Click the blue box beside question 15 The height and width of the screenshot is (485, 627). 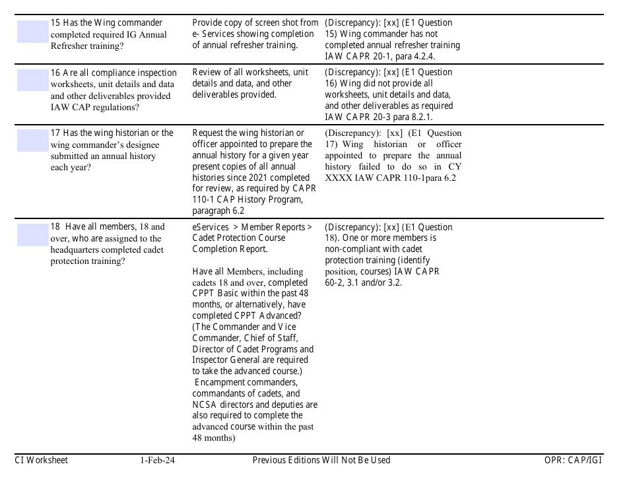[x=33, y=32]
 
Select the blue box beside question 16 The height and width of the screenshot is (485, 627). [x=33, y=81]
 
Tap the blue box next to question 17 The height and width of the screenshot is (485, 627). [x=33, y=141]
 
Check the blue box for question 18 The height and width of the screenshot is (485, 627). [x=33, y=235]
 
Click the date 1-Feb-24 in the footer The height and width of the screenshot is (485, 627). [x=157, y=461]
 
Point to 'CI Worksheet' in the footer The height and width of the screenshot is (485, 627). [x=41, y=461]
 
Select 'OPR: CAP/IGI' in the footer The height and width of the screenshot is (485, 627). [x=569, y=461]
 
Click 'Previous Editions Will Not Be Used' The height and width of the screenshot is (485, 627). [x=321, y=461]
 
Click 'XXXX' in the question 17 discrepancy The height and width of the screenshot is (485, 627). [x=340, y=178]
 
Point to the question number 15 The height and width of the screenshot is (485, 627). [x=55, y=23]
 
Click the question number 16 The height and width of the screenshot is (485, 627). [x=55, y=73]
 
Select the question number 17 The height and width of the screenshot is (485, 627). [x=55, y=133]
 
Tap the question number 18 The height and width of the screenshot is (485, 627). [x=55, y=228]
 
